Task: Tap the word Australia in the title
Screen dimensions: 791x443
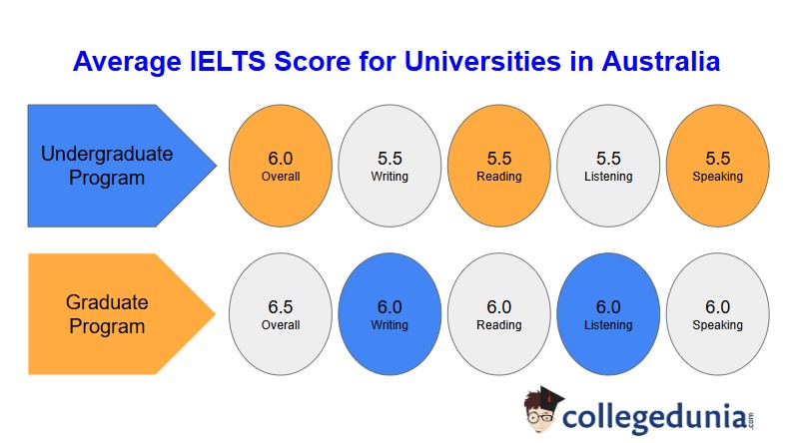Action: coord(660,62)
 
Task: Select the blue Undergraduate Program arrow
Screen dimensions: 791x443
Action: coord(122,166)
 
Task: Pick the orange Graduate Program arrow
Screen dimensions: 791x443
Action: coord(122,314)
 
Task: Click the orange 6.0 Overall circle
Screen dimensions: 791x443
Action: coord(281,166)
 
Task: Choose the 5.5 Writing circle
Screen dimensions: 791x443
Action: coord(390,166)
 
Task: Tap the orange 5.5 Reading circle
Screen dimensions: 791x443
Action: coord(499,166)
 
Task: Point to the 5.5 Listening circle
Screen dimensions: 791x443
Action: coord(608,166)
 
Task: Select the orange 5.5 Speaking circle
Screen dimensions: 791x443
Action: coord(718,166)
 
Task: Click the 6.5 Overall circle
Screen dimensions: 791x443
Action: coord(281,314)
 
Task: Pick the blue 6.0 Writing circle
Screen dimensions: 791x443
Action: coord(390,314)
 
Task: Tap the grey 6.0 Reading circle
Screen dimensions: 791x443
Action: coord(499,314)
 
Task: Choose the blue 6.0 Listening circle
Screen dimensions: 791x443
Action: coord(608,314)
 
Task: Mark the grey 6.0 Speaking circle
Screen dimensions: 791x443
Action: coord(718,314)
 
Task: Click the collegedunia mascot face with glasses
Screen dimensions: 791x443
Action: coord(540,414)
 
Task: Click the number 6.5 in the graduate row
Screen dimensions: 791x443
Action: coord(281,307)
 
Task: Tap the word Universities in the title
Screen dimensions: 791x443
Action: coord(482,62)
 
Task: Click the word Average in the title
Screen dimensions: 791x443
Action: coord(127,63)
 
